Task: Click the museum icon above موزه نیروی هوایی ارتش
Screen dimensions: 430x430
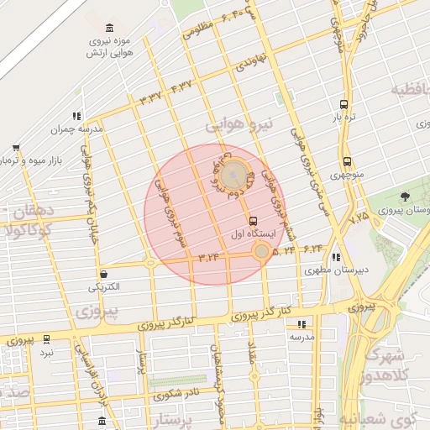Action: click(x=113, y=28)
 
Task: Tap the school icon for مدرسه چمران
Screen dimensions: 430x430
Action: click(x=77, y=116)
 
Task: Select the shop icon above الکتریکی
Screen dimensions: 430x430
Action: click(x=103, y=274)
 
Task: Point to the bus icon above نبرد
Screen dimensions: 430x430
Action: click(x=46, y=339)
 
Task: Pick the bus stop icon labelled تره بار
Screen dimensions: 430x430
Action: click(x=343, y=105)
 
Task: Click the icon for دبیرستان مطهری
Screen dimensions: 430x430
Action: click(x=336, y=257)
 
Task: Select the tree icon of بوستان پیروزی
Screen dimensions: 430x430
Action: click(x=406, y=197)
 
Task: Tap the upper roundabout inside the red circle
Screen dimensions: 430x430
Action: click(x=236, y=175)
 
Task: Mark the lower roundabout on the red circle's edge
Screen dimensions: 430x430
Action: click(x=262, y=251)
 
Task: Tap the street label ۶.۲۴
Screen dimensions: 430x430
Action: click(x=313, y=249)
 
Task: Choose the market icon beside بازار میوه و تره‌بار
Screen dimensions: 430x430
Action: click(x=14, y=145)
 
